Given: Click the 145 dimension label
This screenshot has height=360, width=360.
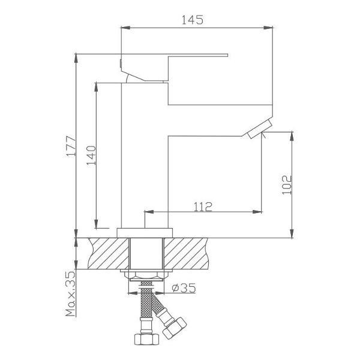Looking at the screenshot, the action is click(193, 20).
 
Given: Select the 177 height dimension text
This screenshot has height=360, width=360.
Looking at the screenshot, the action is click(71, 146).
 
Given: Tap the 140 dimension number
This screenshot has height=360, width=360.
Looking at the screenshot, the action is click(91, 155).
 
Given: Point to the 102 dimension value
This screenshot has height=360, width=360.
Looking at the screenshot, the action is click(287, 185).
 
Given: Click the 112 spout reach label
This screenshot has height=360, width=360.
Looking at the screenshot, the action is click(203, 207).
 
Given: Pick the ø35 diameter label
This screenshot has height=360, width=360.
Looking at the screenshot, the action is click(184, 288).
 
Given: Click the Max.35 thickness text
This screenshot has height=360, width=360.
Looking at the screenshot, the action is click(70, 294).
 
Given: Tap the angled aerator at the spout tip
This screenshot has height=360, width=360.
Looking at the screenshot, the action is click(260, 128).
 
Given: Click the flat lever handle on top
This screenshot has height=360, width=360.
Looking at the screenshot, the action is click(175, 67).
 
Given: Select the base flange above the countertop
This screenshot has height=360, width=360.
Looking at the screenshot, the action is click(145, 233).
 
